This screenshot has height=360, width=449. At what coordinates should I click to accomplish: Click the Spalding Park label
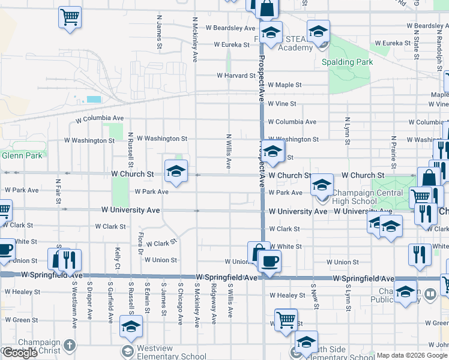(347, 62)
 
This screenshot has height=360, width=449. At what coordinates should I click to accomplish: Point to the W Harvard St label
(237, 76)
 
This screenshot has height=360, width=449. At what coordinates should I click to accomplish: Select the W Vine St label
(282, 104)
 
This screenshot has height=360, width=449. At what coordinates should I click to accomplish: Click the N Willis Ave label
(229, 151)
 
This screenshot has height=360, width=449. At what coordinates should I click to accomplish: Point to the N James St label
(160, 32)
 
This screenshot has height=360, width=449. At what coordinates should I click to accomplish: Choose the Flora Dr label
(140, 244)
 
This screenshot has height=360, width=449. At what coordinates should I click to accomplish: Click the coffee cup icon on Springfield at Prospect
(270, 261)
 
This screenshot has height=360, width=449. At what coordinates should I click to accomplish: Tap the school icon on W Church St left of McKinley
(176, 172)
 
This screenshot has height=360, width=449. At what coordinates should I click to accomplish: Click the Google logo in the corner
(20, 353)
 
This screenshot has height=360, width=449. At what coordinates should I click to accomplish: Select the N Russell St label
(130, 151)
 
